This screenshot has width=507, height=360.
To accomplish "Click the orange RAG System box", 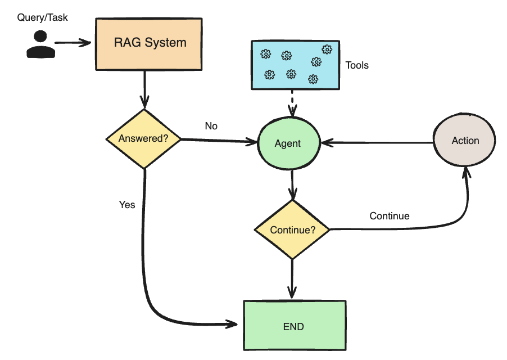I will coord(150,44).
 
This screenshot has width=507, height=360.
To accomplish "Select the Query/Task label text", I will coord(43,17).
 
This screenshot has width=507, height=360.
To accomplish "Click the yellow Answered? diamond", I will coord(144,138).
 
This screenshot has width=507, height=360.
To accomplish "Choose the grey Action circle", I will coord(465,141).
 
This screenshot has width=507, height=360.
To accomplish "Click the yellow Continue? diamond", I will coord(292,229).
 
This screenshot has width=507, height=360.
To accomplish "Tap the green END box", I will coord(294,326).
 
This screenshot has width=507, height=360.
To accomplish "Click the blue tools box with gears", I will coord(295,65).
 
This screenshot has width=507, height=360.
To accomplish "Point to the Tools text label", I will coord(357,65).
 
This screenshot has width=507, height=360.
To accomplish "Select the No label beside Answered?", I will coord(211,126).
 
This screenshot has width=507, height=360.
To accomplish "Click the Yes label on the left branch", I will coord(127,205).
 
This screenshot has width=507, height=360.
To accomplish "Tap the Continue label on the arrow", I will coord(389,216).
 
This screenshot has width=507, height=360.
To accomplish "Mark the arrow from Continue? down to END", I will coord(291,278).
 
